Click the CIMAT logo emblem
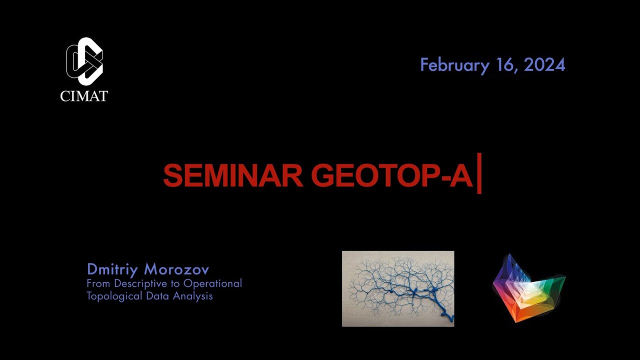(84, 61)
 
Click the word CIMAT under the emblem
(84, 95)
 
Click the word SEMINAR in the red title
(232, 175)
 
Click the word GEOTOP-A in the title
(391, 175)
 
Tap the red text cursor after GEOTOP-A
(479, 173)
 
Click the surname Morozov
(176, 269)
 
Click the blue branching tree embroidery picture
(398, 288)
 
